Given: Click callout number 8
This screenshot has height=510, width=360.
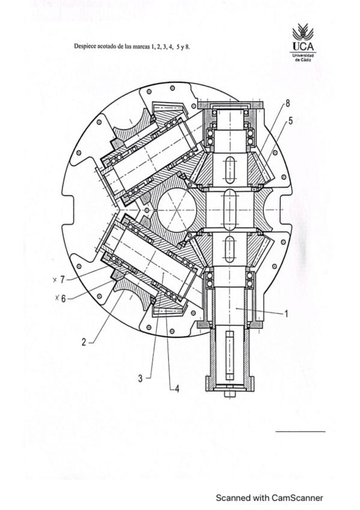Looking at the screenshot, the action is click(x=287, y=104).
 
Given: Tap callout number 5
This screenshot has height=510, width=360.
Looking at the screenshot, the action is click(x=290, y=121).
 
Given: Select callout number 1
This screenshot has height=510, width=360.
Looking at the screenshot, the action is click(x=286, y=313).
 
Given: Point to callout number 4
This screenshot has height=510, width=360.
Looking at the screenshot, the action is click(x=177, y=389).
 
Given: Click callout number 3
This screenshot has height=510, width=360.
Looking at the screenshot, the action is click(x=141, y=378).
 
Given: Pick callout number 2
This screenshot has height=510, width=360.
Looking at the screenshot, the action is click(x=84, y=342).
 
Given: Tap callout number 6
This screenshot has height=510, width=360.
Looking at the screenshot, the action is click(x=63, y=298).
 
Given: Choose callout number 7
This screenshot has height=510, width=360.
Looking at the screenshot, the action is click(x=63, y=280).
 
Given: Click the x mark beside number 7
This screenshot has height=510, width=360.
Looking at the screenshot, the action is click(x=55, y=280).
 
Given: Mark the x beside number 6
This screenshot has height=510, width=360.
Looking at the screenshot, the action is click(x=57, y=297).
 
